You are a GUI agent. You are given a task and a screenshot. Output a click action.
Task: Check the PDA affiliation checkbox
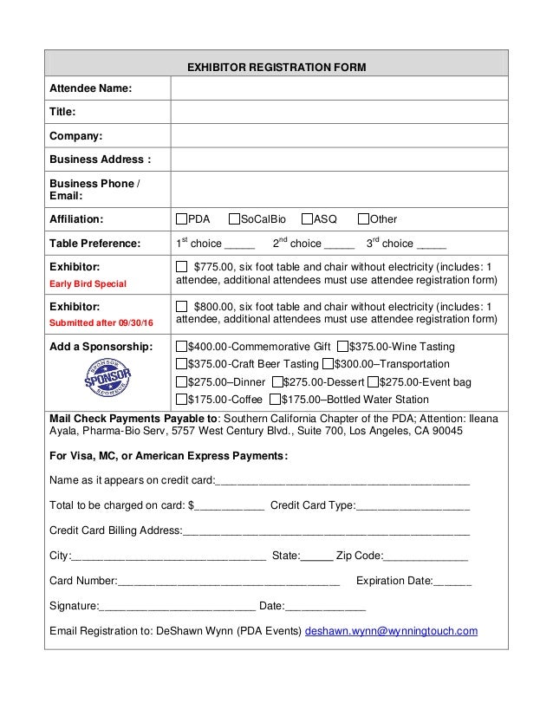click(x=182, y=219)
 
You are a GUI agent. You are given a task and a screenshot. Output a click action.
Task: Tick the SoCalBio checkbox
click(x=234, y=219)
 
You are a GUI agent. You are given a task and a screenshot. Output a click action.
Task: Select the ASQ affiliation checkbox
click(x=307, y=219)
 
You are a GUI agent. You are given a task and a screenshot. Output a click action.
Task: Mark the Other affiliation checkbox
click(x=364, y=219)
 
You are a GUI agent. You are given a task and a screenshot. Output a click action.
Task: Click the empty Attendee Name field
click(x=339, y=88)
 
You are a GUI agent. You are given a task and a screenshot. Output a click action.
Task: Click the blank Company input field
click(x=339, y=136)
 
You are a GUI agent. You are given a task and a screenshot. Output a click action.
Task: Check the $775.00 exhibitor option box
click(x=181, y=266)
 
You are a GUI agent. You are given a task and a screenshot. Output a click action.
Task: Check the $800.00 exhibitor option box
click(x=181, y=306)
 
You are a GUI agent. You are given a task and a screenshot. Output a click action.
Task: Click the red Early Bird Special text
click(x=88, y=283)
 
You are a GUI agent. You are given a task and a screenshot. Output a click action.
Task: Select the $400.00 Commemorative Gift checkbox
click(x=182, y=347)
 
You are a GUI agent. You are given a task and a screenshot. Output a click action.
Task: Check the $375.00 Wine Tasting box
click(x=342, y=347)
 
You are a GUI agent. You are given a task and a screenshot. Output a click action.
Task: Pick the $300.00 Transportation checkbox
click(x=328, y=364)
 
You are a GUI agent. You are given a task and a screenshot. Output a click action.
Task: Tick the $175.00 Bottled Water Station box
click(x=275, y=400)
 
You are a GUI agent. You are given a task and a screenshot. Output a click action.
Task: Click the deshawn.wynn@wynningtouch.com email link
click(x=391, y=631)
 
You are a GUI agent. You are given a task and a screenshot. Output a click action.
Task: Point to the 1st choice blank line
click(x=239, y=244)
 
